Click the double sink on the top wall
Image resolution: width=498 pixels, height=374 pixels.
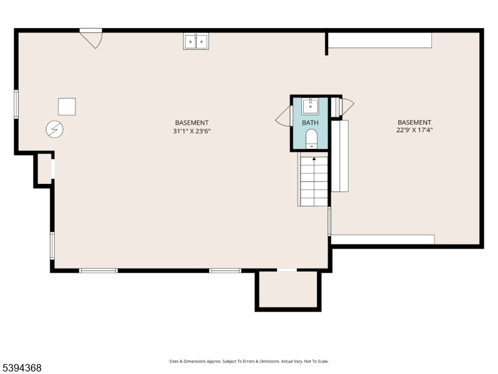tap(196, 41)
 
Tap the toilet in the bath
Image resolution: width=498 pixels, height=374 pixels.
tap(312, 139)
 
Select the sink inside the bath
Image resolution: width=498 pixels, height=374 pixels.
tap(310, 106)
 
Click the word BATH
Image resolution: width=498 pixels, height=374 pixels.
tap(310, 123)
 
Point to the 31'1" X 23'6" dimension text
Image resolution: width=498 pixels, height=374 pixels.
tap(192, 131)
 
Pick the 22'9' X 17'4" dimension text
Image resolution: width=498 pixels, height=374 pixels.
tap(415, 130)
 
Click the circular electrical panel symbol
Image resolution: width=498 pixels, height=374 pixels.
tap(55, 130)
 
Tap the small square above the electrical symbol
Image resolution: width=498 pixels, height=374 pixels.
tap(67, 107)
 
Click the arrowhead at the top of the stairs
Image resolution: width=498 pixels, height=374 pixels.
tap(314, 158)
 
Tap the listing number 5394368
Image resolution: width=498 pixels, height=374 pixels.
tap(21, 368)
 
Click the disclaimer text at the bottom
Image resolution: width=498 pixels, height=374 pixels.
tap(248, 362)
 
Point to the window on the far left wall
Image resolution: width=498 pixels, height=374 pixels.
tap(16, 104)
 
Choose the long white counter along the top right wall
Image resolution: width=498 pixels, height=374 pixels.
tap(380, 41)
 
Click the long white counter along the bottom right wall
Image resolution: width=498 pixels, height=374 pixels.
tap(383, 239)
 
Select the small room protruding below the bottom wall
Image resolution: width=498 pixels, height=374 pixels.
tap(288, 289)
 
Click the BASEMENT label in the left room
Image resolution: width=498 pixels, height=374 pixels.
tap(192, 123)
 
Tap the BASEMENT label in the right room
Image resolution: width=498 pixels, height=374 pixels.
tap(415, 122)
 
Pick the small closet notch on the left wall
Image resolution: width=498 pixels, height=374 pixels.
tap(44, 169)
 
